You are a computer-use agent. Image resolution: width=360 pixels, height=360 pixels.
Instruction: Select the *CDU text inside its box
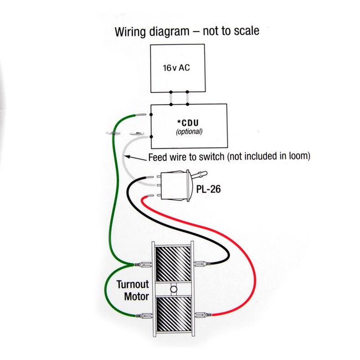click(x=189, y=123)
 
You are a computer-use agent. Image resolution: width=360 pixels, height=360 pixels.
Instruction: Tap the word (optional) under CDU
click(x=189, y=132)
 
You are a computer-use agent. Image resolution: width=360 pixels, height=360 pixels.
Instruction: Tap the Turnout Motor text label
click(x=132, y=290)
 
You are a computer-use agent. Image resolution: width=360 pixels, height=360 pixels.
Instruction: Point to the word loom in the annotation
click(x=296, y=157)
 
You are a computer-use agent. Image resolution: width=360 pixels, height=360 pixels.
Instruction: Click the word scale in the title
click(x=246, y=30)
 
